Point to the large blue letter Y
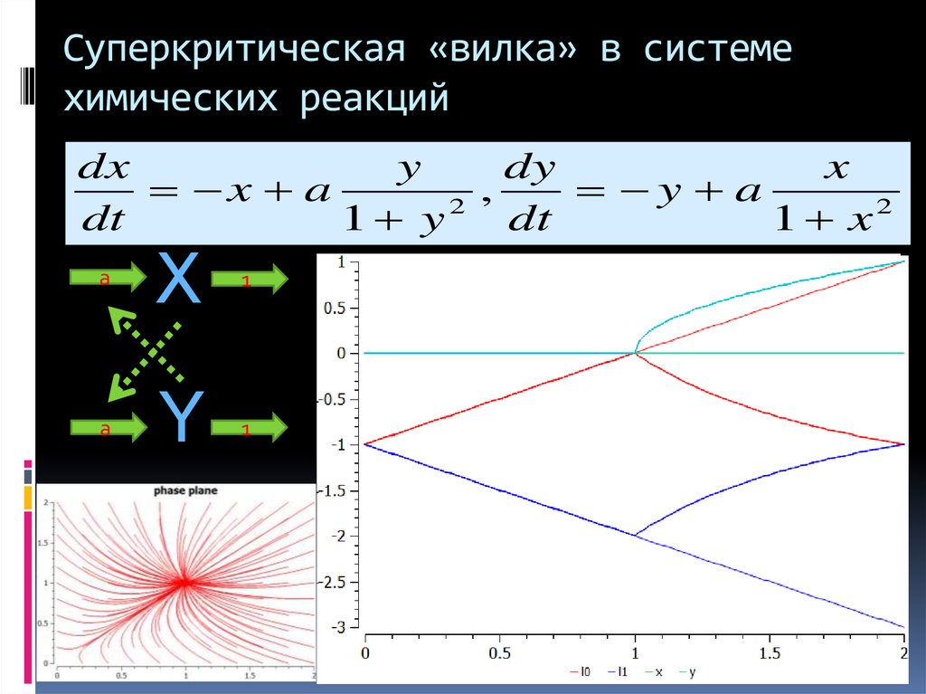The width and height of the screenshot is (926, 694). pos(177,417)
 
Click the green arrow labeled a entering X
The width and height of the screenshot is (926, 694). pos(107,278)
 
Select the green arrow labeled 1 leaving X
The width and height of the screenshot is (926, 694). pos(249,280)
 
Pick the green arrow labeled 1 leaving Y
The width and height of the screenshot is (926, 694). pos(249,428)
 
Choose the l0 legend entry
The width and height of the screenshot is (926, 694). pos(581,672)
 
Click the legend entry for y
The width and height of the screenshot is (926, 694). pos(687,672)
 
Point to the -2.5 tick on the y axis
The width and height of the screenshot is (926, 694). pos(335,582)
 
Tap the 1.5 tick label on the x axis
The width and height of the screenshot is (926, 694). pos(770,652)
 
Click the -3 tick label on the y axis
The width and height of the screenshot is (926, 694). pos(341,627)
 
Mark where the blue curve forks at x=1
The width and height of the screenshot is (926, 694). pos(635,535)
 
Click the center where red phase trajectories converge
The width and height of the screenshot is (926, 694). pos(184,583)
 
